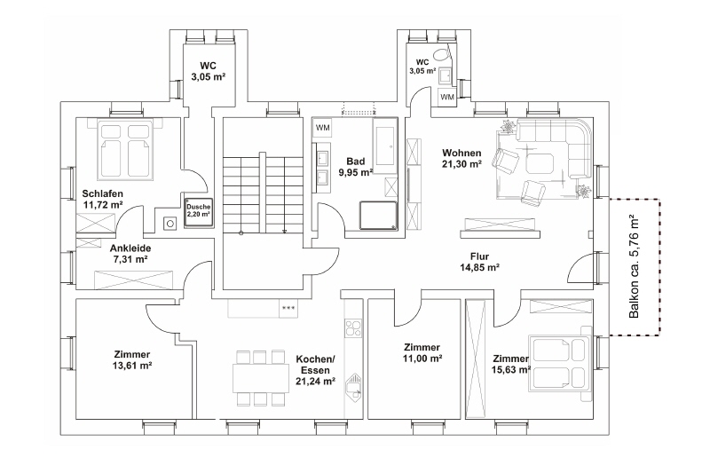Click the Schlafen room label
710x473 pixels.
click(x=102, y=194)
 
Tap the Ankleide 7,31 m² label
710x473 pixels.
click(x=130, y=254)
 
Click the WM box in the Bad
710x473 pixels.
click(x=322, y=128)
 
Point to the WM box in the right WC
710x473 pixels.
click(x=447, y=97)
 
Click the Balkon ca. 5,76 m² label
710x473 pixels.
click(x=635, y=266)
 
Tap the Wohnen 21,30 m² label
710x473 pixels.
click(x=461, y=159)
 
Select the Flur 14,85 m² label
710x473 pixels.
click(x=479, y=262)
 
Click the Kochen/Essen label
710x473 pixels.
click(x=315, y=365)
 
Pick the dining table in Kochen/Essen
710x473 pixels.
click(x=260, y=378)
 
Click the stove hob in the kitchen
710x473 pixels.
click(x=353, y=328)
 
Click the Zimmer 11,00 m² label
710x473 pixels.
click(x=422, y=353)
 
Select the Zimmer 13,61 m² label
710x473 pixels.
click(x=132, y=359)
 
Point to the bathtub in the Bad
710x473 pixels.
click(x=385, y=146)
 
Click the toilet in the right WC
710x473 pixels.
click(x=441, y=54)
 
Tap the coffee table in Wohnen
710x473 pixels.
click(x=539, y=163)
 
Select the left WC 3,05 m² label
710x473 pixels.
click(x=209, y=72)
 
